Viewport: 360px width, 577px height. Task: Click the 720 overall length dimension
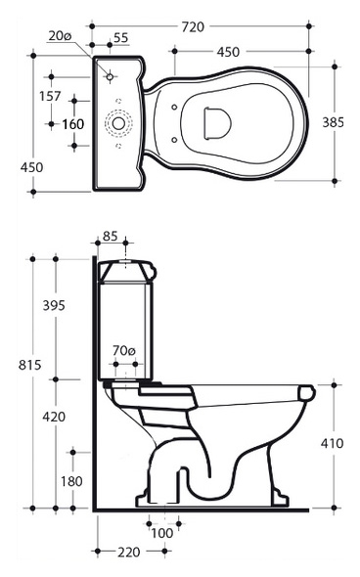point(193,26)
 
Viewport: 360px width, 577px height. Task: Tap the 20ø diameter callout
point(60,35)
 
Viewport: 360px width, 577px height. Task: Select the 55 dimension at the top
point(120,37)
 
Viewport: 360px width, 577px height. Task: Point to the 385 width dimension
point(334,122)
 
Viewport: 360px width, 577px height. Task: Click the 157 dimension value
point(50,96)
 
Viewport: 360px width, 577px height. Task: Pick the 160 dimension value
point(73,124)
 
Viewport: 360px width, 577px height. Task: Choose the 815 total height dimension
point(29,365)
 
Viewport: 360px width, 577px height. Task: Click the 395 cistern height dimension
point(54,305)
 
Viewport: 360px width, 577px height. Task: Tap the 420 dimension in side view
point(54,417)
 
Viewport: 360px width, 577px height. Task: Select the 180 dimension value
point(71,481)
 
